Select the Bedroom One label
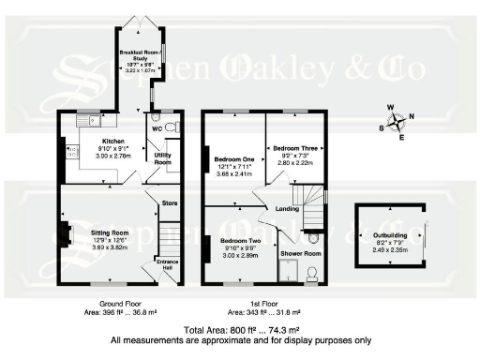232,158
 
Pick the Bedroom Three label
292,148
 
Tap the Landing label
288,209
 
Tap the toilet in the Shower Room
314,272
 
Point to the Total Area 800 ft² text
241,331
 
